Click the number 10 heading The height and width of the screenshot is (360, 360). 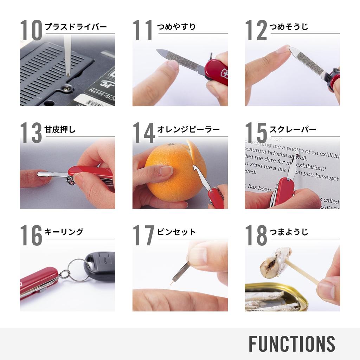pyautogui.click(x=31, y=30)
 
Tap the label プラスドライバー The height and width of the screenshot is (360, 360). pyautogui.click(x=76, y=27)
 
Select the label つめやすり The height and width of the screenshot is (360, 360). pyautogui.click(x=176, y=27)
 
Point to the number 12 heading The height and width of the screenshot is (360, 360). pyautogui.click(x=256, y=30)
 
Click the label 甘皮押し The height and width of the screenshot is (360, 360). pyautogui.click(x=60, y=129)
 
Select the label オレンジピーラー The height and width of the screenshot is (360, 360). pyautogui.click(x=188, y=129)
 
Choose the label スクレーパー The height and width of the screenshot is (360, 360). pyautogui.click(x=292, y=129)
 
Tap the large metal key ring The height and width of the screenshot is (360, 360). pyautogui.click(x=78, y=270)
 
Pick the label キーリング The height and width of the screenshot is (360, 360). pyautogui.click(x=64, y=232)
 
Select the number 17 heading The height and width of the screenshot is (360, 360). pyautogui.click(x=143, y=236)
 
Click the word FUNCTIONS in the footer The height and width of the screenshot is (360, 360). pyautogui.click(x=292, y=344)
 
